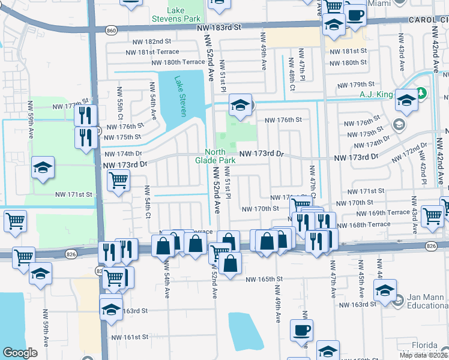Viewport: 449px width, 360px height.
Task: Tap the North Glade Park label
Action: click(x=215, y=156)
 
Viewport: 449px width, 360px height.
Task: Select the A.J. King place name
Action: click(x=376, y=94)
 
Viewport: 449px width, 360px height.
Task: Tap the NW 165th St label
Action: click(x=264, y=279)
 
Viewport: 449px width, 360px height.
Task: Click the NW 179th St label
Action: click(x=355, y=85)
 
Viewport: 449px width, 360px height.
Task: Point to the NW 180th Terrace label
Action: click(x=178, y=62)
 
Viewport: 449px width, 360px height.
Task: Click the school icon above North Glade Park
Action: click(x=240, y=105)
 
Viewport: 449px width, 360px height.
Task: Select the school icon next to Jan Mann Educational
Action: click(x=385, y=290)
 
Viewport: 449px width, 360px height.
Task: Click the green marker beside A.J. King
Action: click(x=422, y=93)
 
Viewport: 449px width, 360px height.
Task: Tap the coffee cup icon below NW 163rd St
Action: click(x=301, y=329)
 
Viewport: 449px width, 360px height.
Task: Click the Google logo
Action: click(x=20, y=353)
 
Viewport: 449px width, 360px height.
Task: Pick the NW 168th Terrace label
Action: click(x=363, y=224)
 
